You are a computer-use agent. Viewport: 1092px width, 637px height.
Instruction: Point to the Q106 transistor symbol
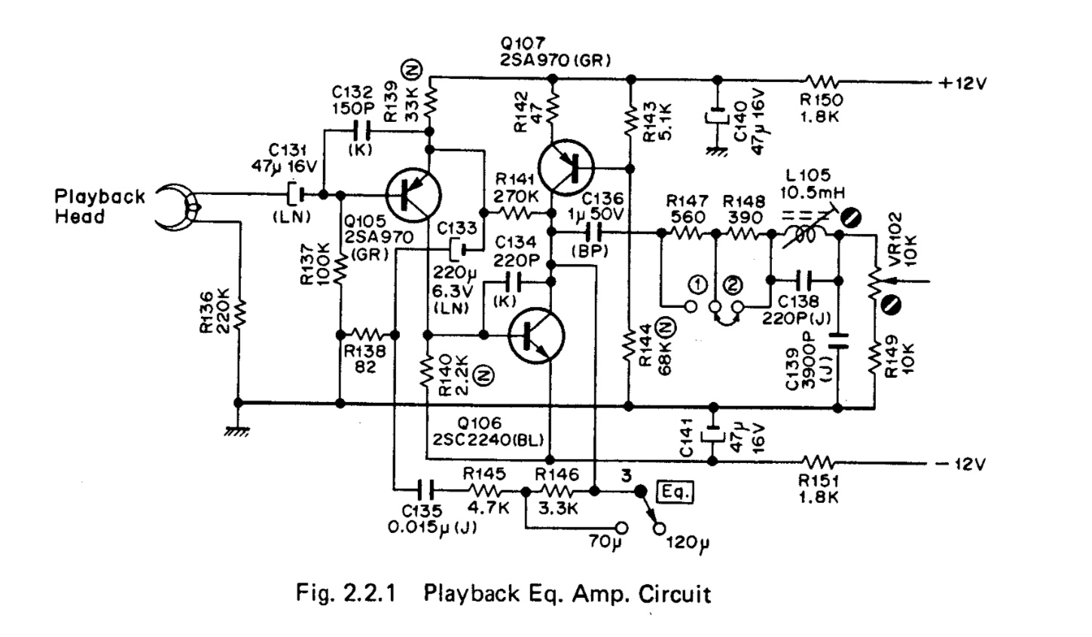pyautogui.click(x=535, y=336)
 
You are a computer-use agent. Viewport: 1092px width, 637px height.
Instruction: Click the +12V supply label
pyautogui.click(x=962, y=84)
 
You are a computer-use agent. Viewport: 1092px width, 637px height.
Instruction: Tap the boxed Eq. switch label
pyautogui.click(x=675, y=493)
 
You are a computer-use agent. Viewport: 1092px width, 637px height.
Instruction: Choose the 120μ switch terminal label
pyautogui.click(x=686, y=543)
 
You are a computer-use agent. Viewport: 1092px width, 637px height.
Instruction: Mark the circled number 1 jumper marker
pyautogui.click(x=698, y=285)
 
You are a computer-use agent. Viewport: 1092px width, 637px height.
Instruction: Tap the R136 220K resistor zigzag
pyautogui.click(x=239, y=316)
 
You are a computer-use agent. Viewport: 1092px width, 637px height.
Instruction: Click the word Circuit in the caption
pyautogui.click(x=675, y=595)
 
